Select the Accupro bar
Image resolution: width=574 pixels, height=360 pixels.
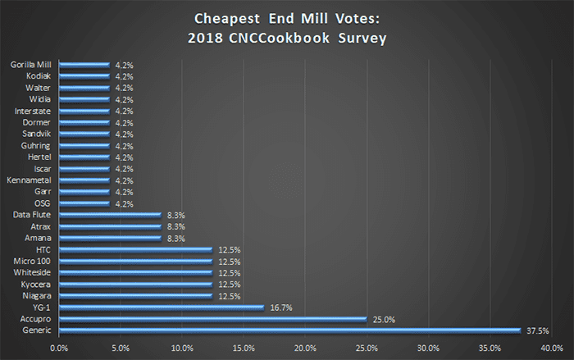coord(213,319)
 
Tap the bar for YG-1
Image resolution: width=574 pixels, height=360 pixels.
coord(162,308)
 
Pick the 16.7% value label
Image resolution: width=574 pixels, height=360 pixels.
coord(280,308)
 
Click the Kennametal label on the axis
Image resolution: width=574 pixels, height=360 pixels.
coord(31,180)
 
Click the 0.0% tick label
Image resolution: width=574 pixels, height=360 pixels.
coord(59,348)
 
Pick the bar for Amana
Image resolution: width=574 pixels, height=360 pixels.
coord(111,238)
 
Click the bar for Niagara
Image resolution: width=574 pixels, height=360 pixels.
coord(136,295)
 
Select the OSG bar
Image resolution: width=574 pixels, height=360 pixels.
coord(84,203)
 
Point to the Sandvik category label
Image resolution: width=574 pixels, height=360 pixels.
coord(36,134)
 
